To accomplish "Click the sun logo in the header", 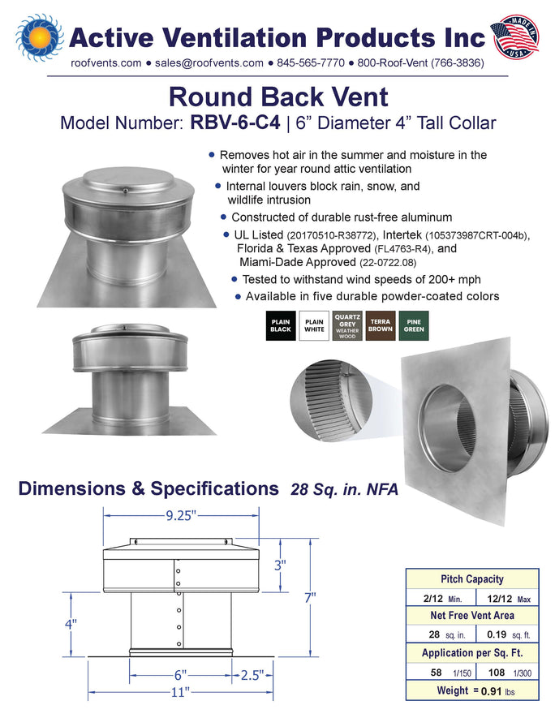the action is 40,37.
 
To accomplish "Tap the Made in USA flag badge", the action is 514,37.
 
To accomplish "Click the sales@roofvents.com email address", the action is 209,63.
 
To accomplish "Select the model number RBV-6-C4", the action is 235,123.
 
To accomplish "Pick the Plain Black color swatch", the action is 281,325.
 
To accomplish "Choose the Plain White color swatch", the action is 314,325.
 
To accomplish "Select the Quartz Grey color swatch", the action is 347,325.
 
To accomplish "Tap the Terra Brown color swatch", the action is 381,325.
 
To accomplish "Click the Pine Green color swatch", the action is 414,325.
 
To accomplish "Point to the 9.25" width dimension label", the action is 181,516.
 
